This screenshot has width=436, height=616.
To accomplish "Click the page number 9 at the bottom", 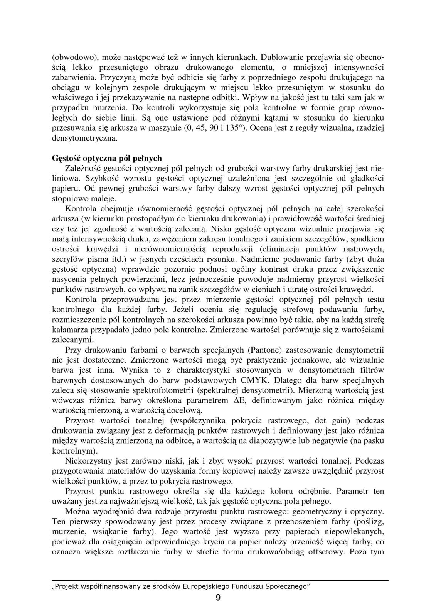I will [218, 598].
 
